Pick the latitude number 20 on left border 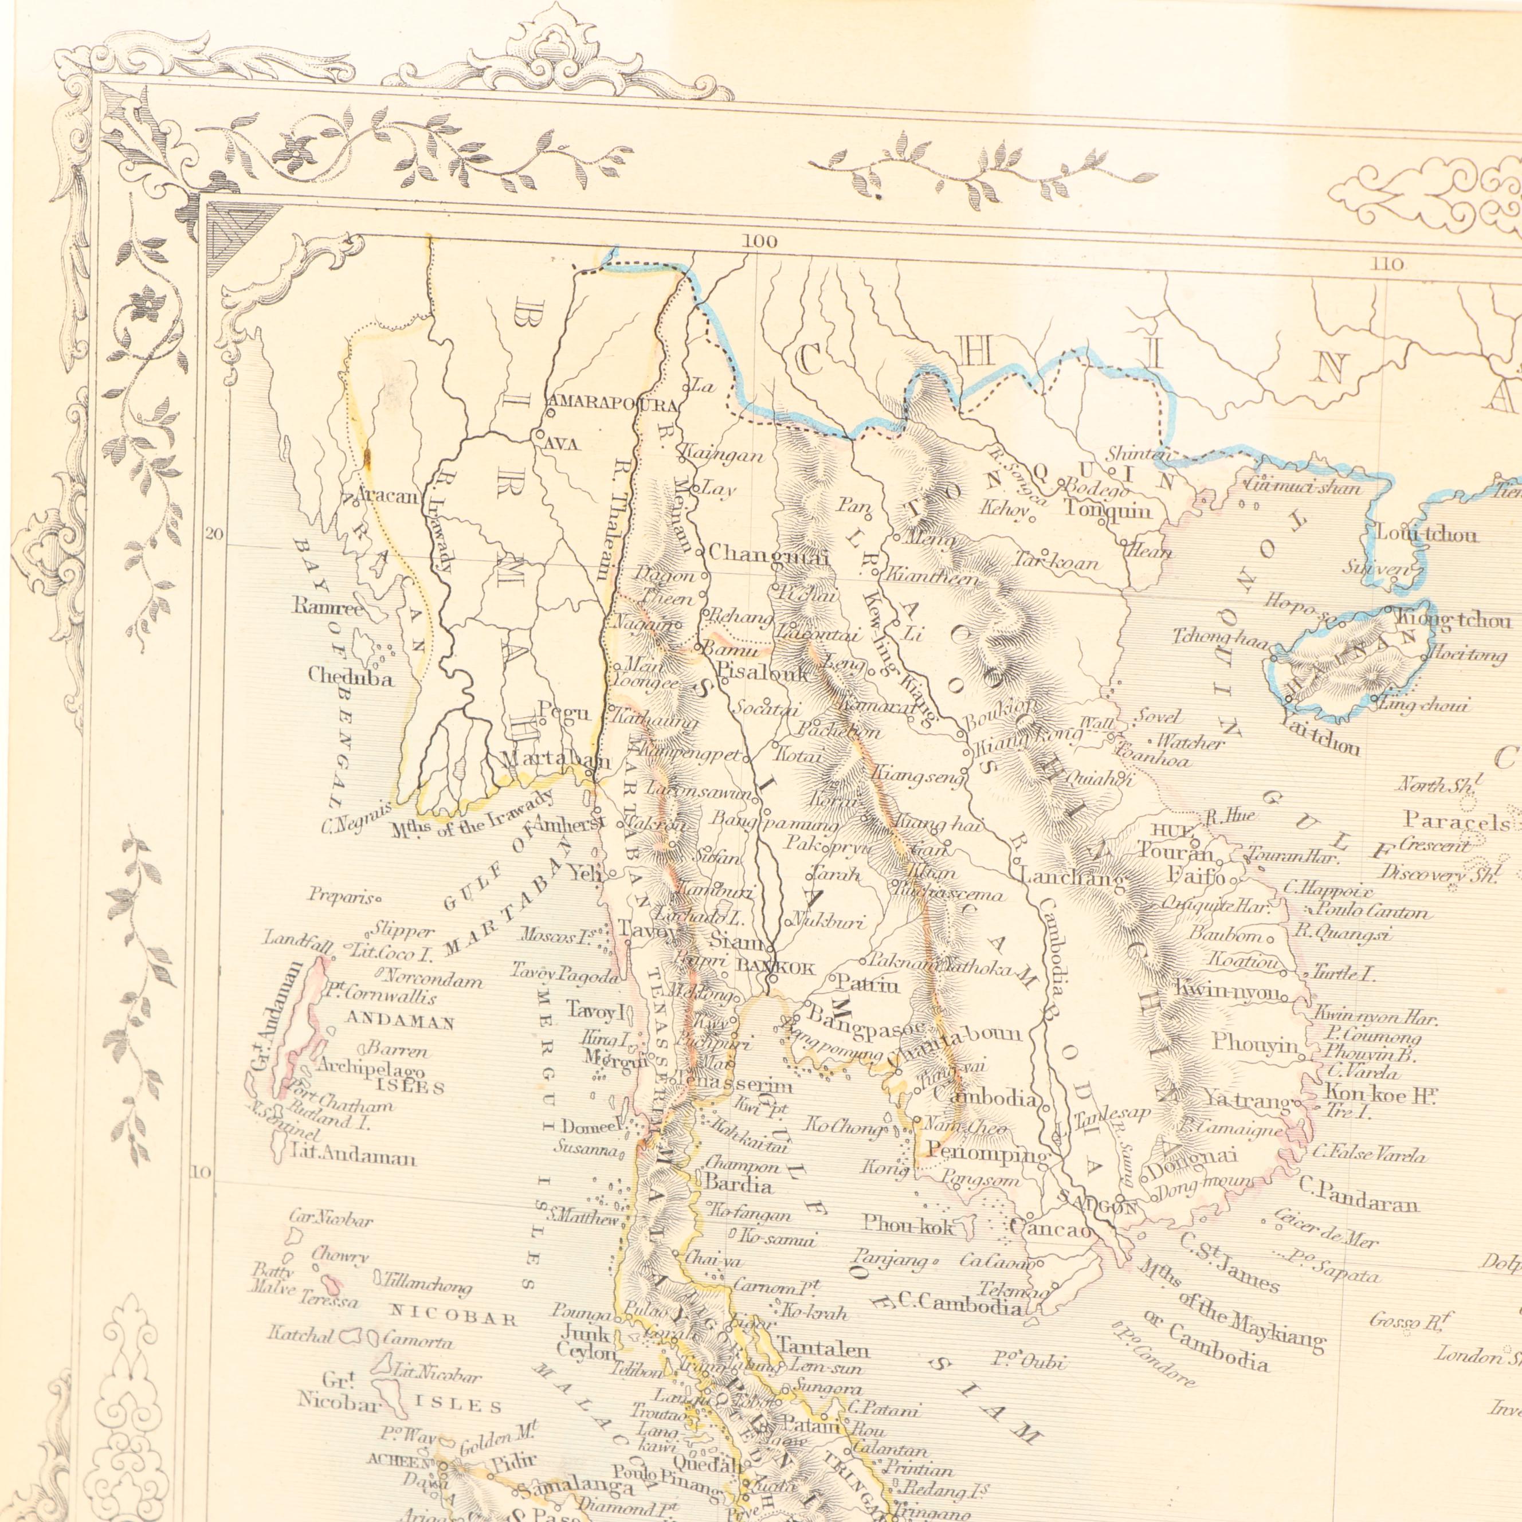coord(214,534)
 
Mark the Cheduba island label coord(351,677)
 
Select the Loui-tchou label coord(1427,534)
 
